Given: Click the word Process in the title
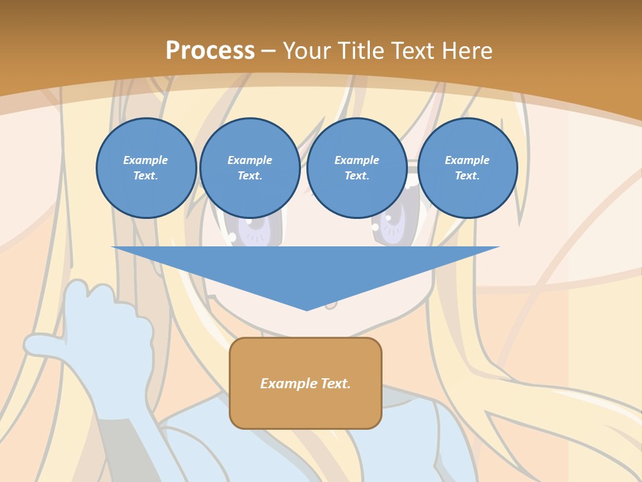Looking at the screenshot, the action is tap(210, 50).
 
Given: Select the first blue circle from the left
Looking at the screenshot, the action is tap(146, 167).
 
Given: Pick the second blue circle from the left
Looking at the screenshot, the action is tap(249, 167).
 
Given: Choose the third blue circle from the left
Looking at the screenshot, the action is tap(356, 167).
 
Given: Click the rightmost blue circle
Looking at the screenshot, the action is tap(467, 167).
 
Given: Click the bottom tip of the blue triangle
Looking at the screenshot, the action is tap(306, 309).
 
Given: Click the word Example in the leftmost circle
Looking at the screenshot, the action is tap(146, 160).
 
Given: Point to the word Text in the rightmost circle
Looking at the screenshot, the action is tap(467, 176).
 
